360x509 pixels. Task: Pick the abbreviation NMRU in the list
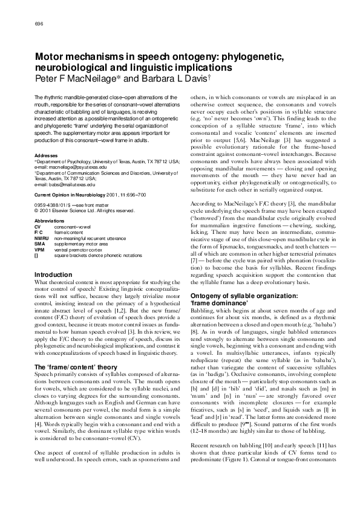pos(42,238)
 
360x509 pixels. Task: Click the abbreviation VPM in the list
pos(40,248)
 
